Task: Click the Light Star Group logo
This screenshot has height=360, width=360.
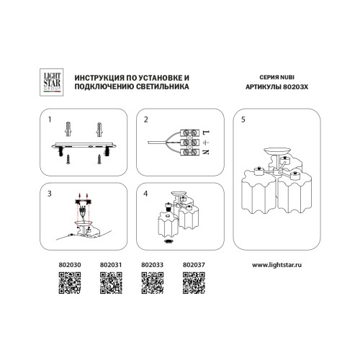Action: (x=51, y=82)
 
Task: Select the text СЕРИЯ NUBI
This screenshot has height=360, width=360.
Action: (x=276, y=77)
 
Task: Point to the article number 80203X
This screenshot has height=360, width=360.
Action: (x=295, y=87)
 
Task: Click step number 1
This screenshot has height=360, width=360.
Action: (x=50, y=120)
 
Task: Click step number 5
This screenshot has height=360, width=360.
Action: (x=243, y=120)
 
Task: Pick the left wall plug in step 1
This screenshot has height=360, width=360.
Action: (x=68, y=129)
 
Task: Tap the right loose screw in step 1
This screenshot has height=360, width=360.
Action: (x=99, y=159)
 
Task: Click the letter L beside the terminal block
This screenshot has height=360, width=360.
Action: (x=206, y=132)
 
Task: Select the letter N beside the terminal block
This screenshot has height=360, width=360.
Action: (x=206, y=152)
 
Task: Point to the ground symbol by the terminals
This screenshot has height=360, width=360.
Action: (x=206, y=143)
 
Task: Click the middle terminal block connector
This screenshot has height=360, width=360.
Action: (x=189, y=143)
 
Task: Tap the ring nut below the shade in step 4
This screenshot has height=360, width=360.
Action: (x=168, y=241)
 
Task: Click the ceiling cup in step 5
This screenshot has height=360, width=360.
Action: (x=277, y=151)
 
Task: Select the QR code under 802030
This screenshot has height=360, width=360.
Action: (x=70, y=283)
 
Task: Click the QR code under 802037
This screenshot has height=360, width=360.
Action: (x=194, y=283)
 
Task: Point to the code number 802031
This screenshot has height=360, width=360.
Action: (x=111, y=265)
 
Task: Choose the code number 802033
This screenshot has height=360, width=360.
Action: (x=152, y=265)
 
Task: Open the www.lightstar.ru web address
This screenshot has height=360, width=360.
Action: (x=276, y=265)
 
